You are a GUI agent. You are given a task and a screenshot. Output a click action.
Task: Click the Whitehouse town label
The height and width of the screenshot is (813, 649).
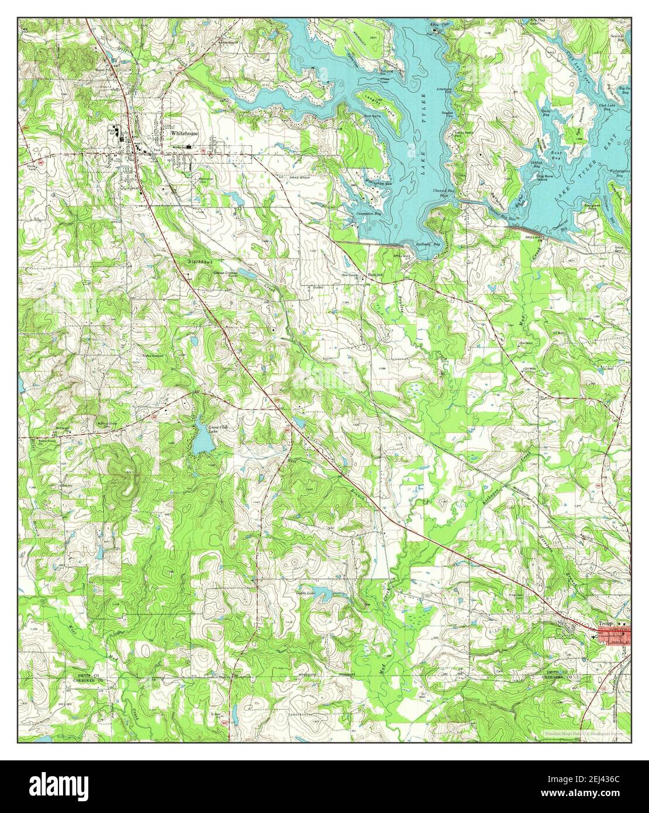184,133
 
